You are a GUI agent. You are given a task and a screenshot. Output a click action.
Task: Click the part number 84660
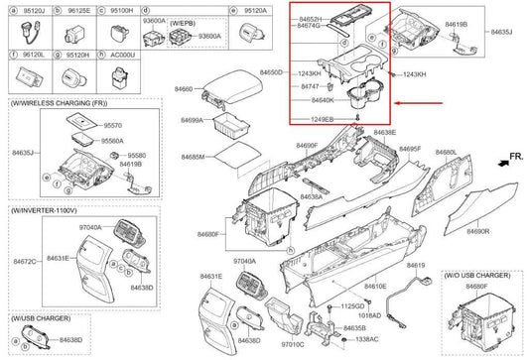tap(186, 89)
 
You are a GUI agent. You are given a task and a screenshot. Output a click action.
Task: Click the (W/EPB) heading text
tap(184, 21)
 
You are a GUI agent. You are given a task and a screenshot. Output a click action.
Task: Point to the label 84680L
tap(446, 153)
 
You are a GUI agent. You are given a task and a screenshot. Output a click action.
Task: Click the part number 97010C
tap(291, 344)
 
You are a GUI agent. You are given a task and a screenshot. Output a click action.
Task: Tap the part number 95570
tap(112, 125)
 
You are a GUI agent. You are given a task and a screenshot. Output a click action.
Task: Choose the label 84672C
tap(26, 262)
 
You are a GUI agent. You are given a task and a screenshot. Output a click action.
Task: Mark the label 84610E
tap(375, 286)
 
